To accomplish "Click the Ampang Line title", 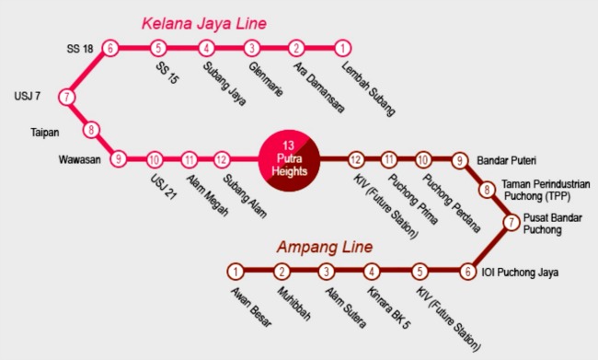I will point(325,247).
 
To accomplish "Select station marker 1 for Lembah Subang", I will point(342,48).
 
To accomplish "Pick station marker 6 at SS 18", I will point(110,48).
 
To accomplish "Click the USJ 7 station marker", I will point(66,97).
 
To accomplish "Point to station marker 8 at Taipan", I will point(91,130).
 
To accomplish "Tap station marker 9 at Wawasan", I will point(118,159).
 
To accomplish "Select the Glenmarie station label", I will point(267,78).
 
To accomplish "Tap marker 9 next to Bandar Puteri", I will point(460,159).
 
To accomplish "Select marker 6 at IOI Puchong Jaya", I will point(468,272).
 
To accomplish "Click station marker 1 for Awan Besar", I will point(236,272).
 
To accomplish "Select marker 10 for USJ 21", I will point(155,159).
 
